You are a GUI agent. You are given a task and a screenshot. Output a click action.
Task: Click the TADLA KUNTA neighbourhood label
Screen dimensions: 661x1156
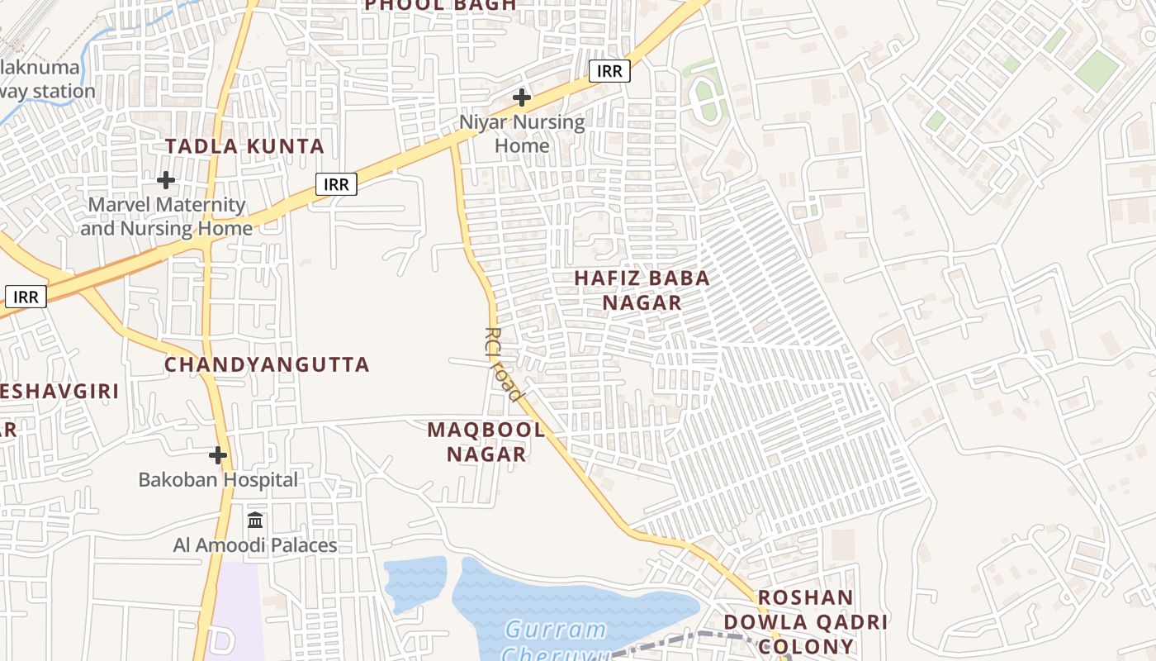point(244,147)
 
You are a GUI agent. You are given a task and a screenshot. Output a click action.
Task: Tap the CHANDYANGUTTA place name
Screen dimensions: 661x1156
point(267,364)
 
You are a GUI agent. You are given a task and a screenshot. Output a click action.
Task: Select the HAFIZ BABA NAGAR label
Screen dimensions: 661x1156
point(642,290)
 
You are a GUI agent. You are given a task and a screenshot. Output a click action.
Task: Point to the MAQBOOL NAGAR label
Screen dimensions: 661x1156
point(486,441)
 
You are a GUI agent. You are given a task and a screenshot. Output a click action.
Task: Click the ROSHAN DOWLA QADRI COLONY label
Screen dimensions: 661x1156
point(805,621)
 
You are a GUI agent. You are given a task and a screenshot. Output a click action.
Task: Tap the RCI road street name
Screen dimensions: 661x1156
point(503,364)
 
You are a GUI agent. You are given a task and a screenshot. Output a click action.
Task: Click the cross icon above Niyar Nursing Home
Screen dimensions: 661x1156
point(522,97)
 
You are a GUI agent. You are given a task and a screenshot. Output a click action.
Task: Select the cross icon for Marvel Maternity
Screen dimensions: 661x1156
point(166,179)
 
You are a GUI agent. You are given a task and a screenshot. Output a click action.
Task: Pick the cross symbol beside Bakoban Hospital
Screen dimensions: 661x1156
point(218,455)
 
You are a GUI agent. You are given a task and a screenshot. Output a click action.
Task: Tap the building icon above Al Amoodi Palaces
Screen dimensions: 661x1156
point(255,521)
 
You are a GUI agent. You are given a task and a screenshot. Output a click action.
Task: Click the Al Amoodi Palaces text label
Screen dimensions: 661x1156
point(255,545)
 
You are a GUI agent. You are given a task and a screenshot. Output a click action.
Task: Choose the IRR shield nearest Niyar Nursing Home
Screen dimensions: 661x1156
point(609,71)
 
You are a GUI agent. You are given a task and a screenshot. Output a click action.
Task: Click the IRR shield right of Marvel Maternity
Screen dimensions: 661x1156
point(336,184)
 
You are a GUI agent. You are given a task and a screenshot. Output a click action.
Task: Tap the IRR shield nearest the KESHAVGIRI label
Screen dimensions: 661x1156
point(26,297)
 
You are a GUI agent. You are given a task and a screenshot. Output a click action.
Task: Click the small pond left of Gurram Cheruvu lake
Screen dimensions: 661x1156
point(415,583)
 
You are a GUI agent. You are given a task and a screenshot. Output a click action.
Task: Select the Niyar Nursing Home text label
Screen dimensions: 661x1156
point(522,134)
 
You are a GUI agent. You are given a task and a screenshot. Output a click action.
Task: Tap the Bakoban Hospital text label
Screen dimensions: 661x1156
point(218,479)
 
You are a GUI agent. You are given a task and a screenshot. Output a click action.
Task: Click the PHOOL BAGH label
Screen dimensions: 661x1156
point(440,5)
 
